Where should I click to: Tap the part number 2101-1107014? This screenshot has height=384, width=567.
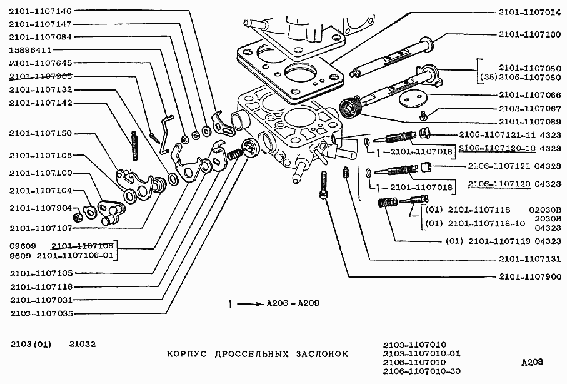(x=529, y=11)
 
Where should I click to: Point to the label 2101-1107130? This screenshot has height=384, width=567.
(x=529, y=35)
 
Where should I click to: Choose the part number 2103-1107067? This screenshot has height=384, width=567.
(x=529, y=108)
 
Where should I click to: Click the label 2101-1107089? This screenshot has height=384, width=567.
(x=529, y=121)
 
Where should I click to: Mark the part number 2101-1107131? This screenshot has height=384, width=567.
(x=529, y=259)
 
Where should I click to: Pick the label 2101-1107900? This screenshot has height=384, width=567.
(x=529, y=276)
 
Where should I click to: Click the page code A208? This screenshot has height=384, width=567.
(x=531, y=361)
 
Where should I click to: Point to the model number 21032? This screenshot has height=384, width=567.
(x=82, y=344)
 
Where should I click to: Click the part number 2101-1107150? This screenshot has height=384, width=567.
(x=41, y=133)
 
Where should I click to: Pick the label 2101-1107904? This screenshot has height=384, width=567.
(x=41, y=208)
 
